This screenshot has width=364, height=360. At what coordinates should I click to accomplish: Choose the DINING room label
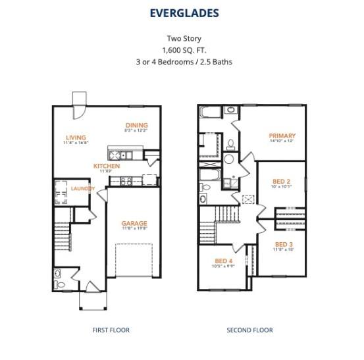tap(137, 125)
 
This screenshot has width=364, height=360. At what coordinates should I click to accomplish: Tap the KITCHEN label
tap(106, 167)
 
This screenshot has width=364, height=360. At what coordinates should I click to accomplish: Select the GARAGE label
tap(134, 224)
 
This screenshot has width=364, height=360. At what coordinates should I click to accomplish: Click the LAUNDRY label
tap(83, 189)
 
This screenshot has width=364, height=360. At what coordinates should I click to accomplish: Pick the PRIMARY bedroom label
tap(282, 136)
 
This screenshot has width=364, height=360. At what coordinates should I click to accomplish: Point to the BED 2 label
tap(282, 181)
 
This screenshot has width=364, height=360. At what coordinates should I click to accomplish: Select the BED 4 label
tap(224, 261)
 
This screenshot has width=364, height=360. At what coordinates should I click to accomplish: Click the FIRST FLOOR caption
tap(111, 330)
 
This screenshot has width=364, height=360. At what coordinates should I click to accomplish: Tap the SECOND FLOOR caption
tap(249, 330)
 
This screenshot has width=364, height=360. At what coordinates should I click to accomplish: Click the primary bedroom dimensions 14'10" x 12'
tap(282, 141)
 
